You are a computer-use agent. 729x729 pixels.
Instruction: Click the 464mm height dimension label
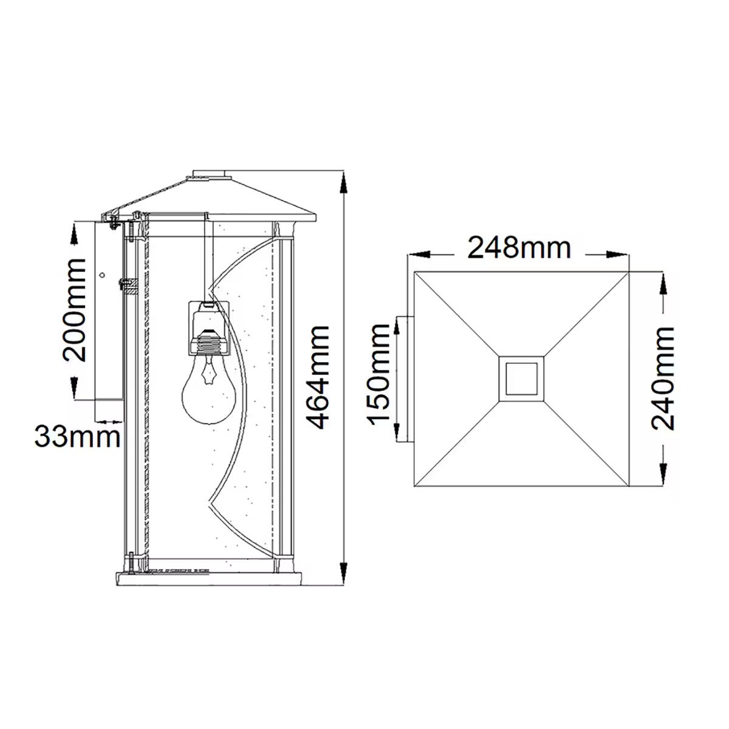click(320, 377)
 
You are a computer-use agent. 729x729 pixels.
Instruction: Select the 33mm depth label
click(77, 437)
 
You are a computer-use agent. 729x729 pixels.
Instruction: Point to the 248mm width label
click(519, 248)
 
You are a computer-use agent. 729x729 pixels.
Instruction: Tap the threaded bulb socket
click(209, 344)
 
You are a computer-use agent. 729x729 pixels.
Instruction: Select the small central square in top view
click(521, 378)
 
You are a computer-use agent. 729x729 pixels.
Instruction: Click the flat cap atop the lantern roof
click(209, 175)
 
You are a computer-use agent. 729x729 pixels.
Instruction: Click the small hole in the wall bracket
click(103, 275)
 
